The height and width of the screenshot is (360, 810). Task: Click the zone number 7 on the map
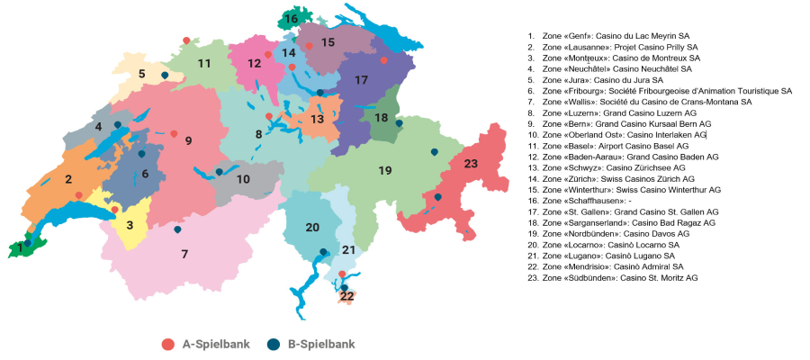pyautogui.click(x=184, y=254)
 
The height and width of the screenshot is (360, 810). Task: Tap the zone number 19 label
pyautogui.click(x=384, y=170)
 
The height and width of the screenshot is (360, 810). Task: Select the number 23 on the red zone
pyautogui.click(x=471, y=164)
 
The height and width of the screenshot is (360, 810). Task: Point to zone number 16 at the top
pyautogui.click(x=291, y=18)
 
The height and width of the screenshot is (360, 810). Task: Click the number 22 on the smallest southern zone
pyautogui.click(x=346, y=295)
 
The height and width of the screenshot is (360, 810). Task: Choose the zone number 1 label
pyautogui.click(x=21, y=247)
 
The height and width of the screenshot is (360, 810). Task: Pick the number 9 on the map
pyautogui.click(x=188, y=140)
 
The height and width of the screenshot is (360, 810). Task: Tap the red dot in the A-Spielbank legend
pyautogui.click(x=166, y=344)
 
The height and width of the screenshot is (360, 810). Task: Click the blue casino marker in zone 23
pyautogui.click(x=438, y=196)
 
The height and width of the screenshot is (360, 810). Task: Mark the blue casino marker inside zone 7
pyautogui.click(x=177, y=229)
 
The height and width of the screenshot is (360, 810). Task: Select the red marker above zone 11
pyautogui.click(x=186, y=40)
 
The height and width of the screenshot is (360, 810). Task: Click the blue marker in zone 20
pyautogui.click(x=323, y=252)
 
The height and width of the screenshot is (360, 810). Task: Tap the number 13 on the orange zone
pyautogui.click(x=317, y=119)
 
